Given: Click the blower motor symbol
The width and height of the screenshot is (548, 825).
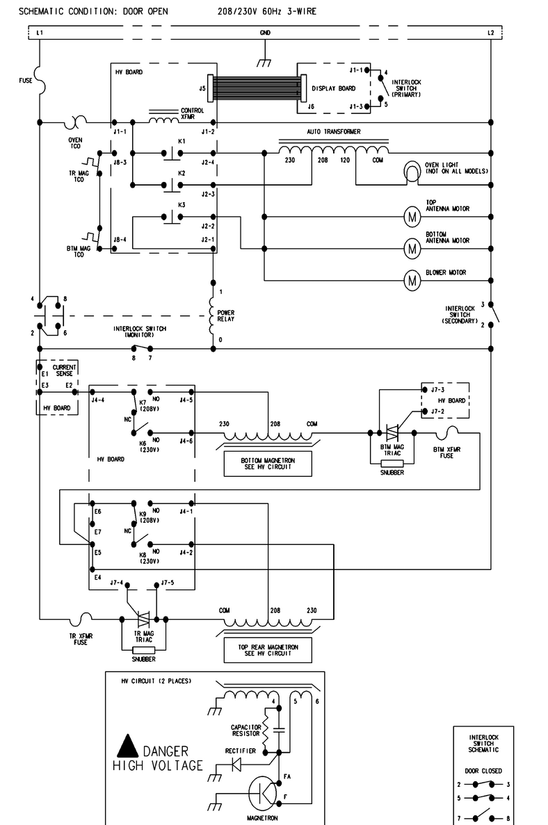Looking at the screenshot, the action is coord(412,280).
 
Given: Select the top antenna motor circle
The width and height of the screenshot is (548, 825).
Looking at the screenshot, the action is coord(412,216).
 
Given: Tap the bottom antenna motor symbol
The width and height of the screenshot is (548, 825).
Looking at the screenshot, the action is coord(412,248).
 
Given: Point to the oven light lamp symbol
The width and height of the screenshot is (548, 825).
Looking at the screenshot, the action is coord(411,172).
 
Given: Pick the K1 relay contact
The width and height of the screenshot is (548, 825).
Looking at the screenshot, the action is coord(172,153).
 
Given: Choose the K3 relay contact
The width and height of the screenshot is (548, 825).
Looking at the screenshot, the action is coord(172,217).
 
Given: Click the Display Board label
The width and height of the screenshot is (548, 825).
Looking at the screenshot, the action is coord(333,88).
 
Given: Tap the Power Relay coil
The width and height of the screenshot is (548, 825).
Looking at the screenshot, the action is coord(212,316).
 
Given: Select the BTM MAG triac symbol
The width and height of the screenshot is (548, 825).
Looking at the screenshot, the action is coord(392,433).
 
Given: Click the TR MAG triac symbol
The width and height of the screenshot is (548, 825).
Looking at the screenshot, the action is coord(144,619).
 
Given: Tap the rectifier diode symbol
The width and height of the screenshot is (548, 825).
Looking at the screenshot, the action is coord(237,763).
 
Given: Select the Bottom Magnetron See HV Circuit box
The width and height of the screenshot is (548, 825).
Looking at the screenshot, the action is coord(268,464).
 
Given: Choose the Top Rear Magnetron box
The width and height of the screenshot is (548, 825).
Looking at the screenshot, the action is coord(268,651).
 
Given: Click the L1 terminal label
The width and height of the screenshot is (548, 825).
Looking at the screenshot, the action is coord(40,33).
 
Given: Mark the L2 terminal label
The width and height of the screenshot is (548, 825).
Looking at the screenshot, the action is coord(490,33).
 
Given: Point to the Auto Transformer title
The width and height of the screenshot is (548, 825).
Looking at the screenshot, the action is coord(333,131).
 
